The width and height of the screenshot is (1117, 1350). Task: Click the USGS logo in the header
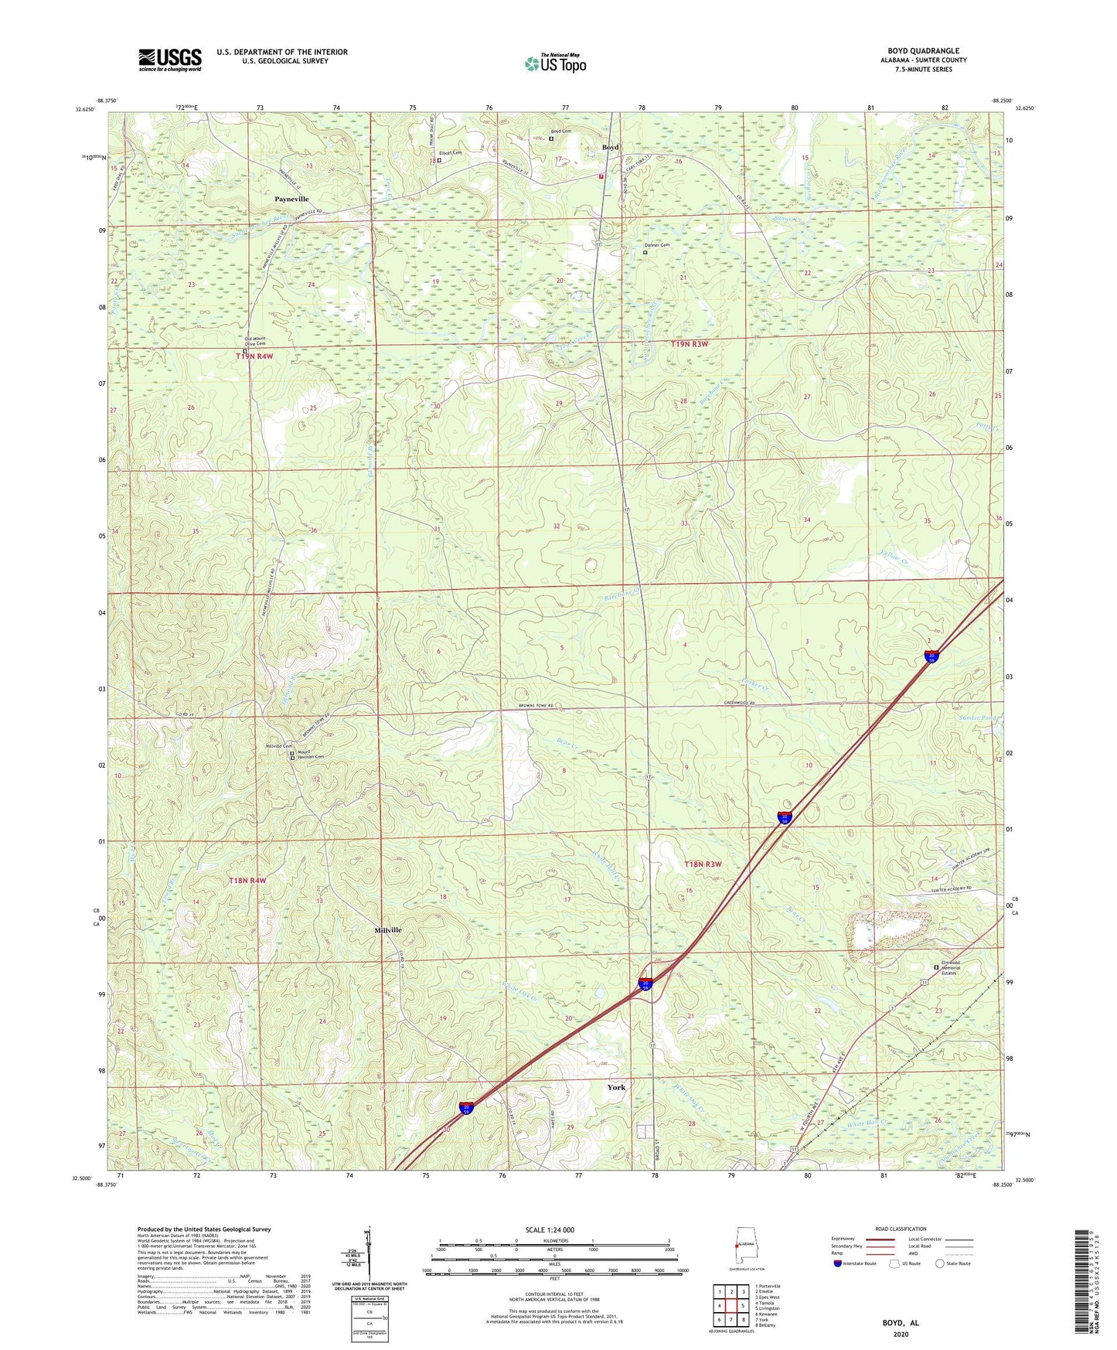pos(169,60)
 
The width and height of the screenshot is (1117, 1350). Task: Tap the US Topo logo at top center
pos(555,63)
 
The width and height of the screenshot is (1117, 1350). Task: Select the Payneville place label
pos(291,199)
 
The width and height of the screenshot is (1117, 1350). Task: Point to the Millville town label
pos(388,930)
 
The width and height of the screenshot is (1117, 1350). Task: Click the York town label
pos(616,1087)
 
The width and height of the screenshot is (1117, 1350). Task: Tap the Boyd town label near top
pos(611,147)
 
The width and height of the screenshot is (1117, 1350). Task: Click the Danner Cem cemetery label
pos(658,245)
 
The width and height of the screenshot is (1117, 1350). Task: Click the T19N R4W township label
pos(254,356)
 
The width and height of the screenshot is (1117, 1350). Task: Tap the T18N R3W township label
pos(703,864)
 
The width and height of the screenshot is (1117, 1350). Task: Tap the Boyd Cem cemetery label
pos(560,131)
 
